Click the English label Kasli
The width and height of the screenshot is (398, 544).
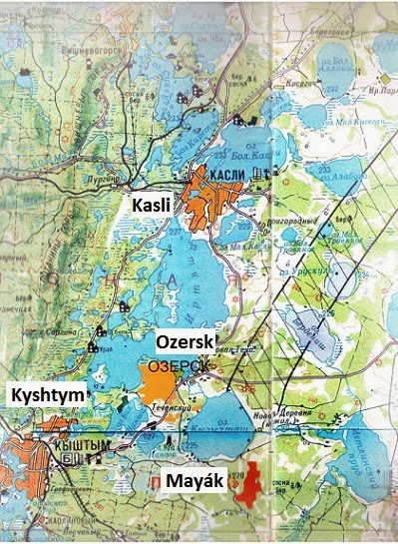[x=153, y=204]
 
